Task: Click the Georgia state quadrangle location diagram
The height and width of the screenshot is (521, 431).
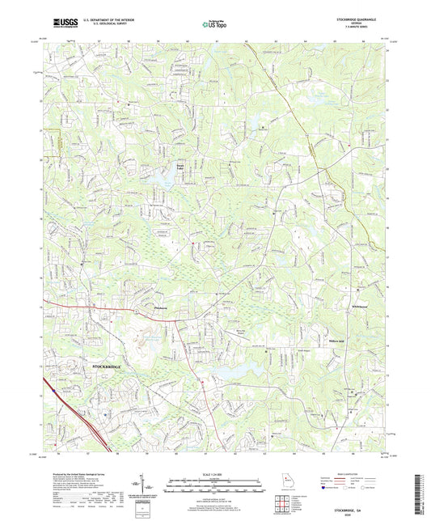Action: [288, 483]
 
